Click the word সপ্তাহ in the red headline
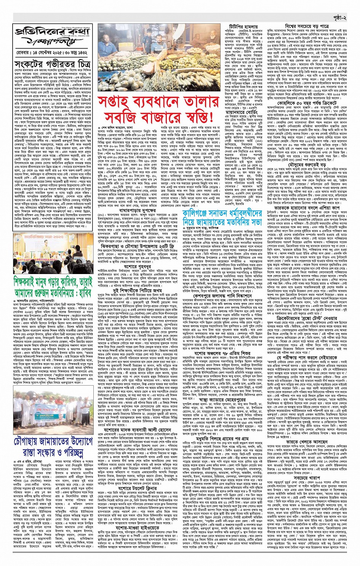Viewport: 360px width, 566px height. coord(116,103)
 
